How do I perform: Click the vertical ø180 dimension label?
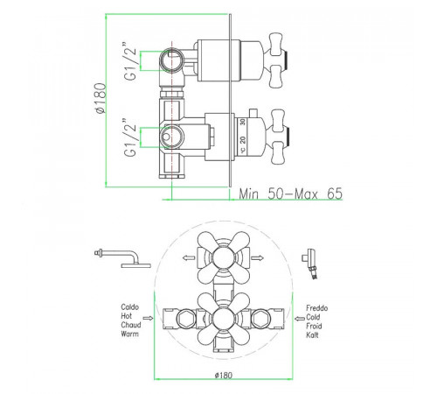coord(101,98)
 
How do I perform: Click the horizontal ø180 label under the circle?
coord(224,376)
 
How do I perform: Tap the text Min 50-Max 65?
coord(290,193)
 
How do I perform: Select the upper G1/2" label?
coord(130,61)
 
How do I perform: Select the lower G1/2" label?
coord(130,137)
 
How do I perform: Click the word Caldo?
coord(130,307)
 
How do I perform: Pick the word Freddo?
coord(317,308)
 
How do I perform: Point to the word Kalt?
coord(312,334)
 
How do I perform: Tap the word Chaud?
coord(131,325)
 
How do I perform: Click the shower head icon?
coord(124,258)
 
